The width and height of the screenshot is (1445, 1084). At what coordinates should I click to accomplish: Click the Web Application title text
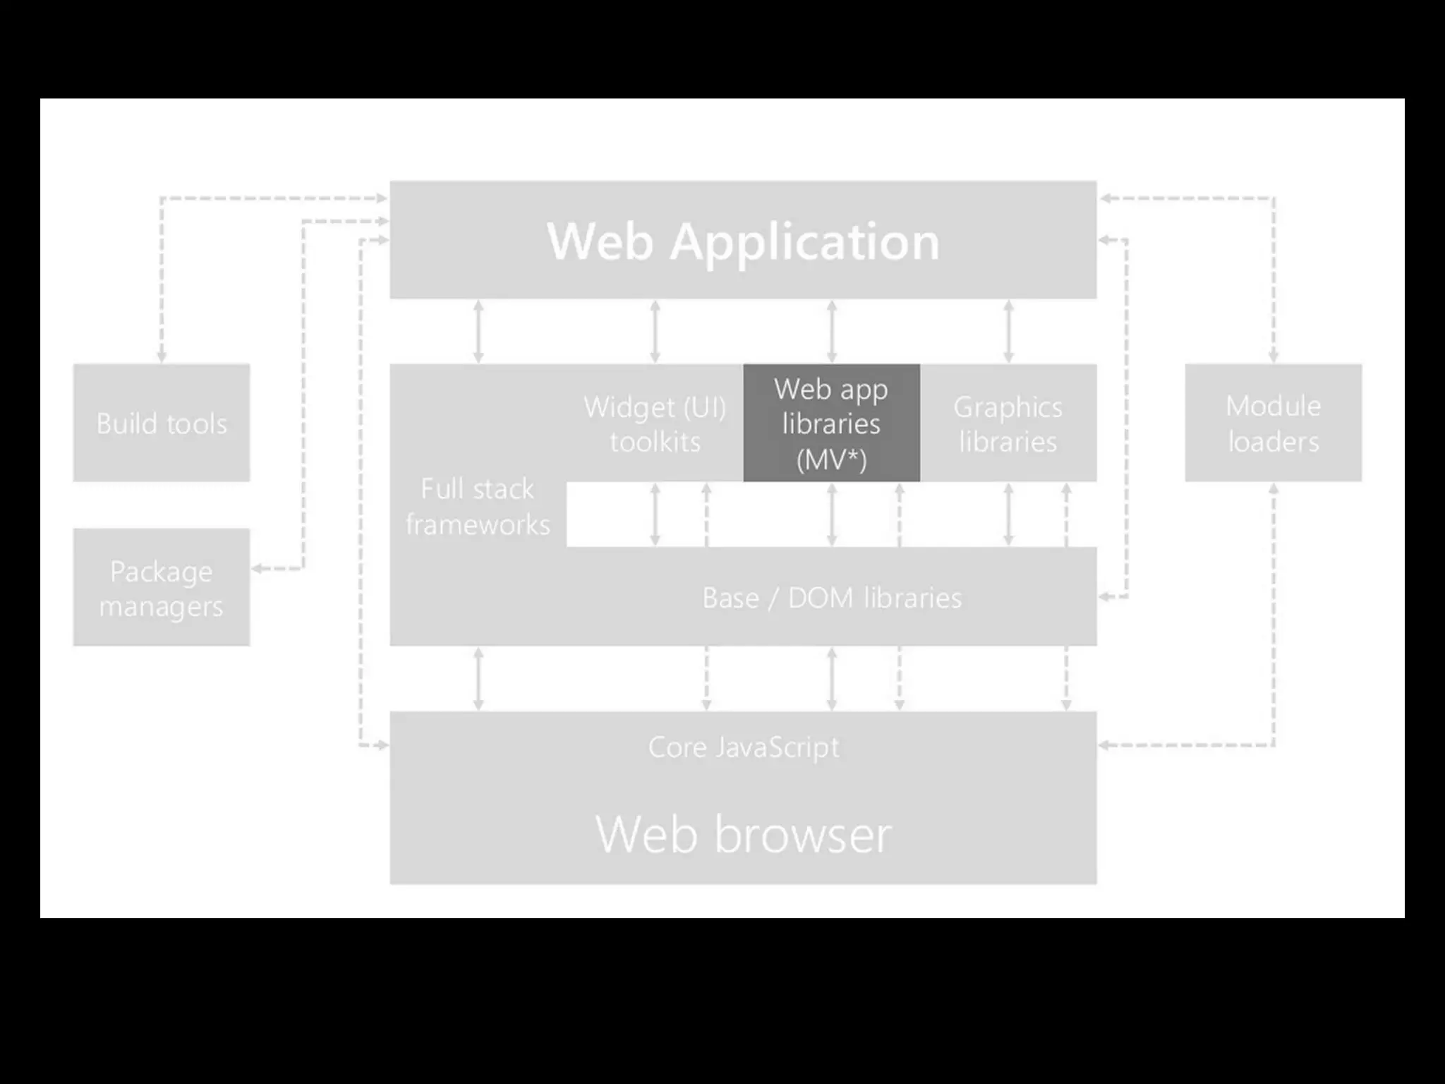(743, 241)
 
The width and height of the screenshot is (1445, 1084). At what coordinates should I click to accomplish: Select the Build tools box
(162, 423)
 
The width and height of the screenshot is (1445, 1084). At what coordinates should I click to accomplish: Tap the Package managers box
(162, 587)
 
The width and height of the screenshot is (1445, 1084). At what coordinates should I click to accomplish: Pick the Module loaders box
(1273, 423)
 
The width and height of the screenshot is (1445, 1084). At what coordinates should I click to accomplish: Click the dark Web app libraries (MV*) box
(831, 423)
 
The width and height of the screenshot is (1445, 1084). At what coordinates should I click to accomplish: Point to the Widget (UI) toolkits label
(655, 423)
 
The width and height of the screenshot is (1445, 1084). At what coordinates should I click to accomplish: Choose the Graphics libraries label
(1008, 423)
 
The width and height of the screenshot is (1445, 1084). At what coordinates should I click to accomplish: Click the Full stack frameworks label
(478, 507)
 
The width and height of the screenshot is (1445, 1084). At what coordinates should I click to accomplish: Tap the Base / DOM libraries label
(831, 598)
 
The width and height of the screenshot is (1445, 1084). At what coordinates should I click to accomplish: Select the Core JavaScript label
(744, 747)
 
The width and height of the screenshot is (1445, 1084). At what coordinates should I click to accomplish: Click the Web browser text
(744, 834)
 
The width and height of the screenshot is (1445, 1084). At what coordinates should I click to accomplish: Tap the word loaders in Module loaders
(1273, 442)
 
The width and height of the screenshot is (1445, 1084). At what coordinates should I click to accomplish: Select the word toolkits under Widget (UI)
(655, 442)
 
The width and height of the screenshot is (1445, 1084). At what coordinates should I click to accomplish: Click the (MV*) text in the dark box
(831, 460)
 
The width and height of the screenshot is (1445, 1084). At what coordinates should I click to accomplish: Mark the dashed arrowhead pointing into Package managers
(257, 568)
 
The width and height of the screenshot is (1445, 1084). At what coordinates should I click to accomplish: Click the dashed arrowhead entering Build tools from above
(162, 357)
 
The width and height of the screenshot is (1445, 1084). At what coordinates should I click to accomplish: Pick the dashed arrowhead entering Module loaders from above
(1274, 357)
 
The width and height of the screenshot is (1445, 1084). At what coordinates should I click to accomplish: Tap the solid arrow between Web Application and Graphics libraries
(1008, 331)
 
